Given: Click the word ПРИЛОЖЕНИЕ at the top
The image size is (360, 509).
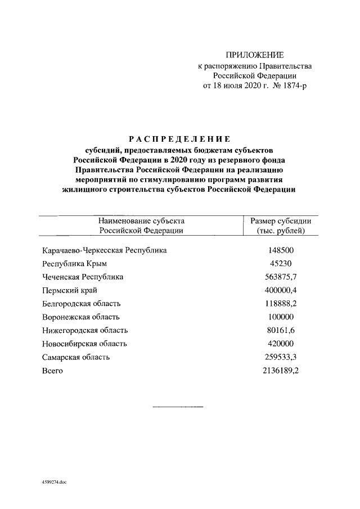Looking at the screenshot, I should (x=255, y=55).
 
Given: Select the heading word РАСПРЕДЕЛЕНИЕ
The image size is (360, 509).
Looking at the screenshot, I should (x=179, y=139).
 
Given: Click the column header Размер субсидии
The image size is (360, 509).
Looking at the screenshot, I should (x=281, y=221).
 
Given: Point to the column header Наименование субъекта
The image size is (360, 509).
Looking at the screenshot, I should (x=141, y=221).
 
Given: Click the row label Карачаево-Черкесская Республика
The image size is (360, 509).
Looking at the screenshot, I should (x=104, y=250).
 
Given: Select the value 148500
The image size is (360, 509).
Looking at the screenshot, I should (x=280, y=250).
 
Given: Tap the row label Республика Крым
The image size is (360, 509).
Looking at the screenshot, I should (x=74, y=264).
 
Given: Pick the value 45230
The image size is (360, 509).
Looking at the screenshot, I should (x=280, y=264).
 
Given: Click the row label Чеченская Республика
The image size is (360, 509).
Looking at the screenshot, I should (x=83, y=277).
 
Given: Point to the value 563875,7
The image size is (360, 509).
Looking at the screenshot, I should (x=280, y=277).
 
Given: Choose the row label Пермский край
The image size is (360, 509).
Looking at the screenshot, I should (x=70, y=290).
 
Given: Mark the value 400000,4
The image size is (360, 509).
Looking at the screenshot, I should (x=280, y=290).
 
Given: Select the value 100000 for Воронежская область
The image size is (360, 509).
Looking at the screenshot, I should (x=280, y=317).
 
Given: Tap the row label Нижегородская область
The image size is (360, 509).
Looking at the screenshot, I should (x=85, y=330).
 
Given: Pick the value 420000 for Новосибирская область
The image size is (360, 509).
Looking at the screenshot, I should (x=280, y=344).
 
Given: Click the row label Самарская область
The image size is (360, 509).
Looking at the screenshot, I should (x=76, y=357).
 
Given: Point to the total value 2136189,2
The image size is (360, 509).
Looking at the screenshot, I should (x=280, y=371).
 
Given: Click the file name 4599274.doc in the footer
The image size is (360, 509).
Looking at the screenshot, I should (x=54, y=482).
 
